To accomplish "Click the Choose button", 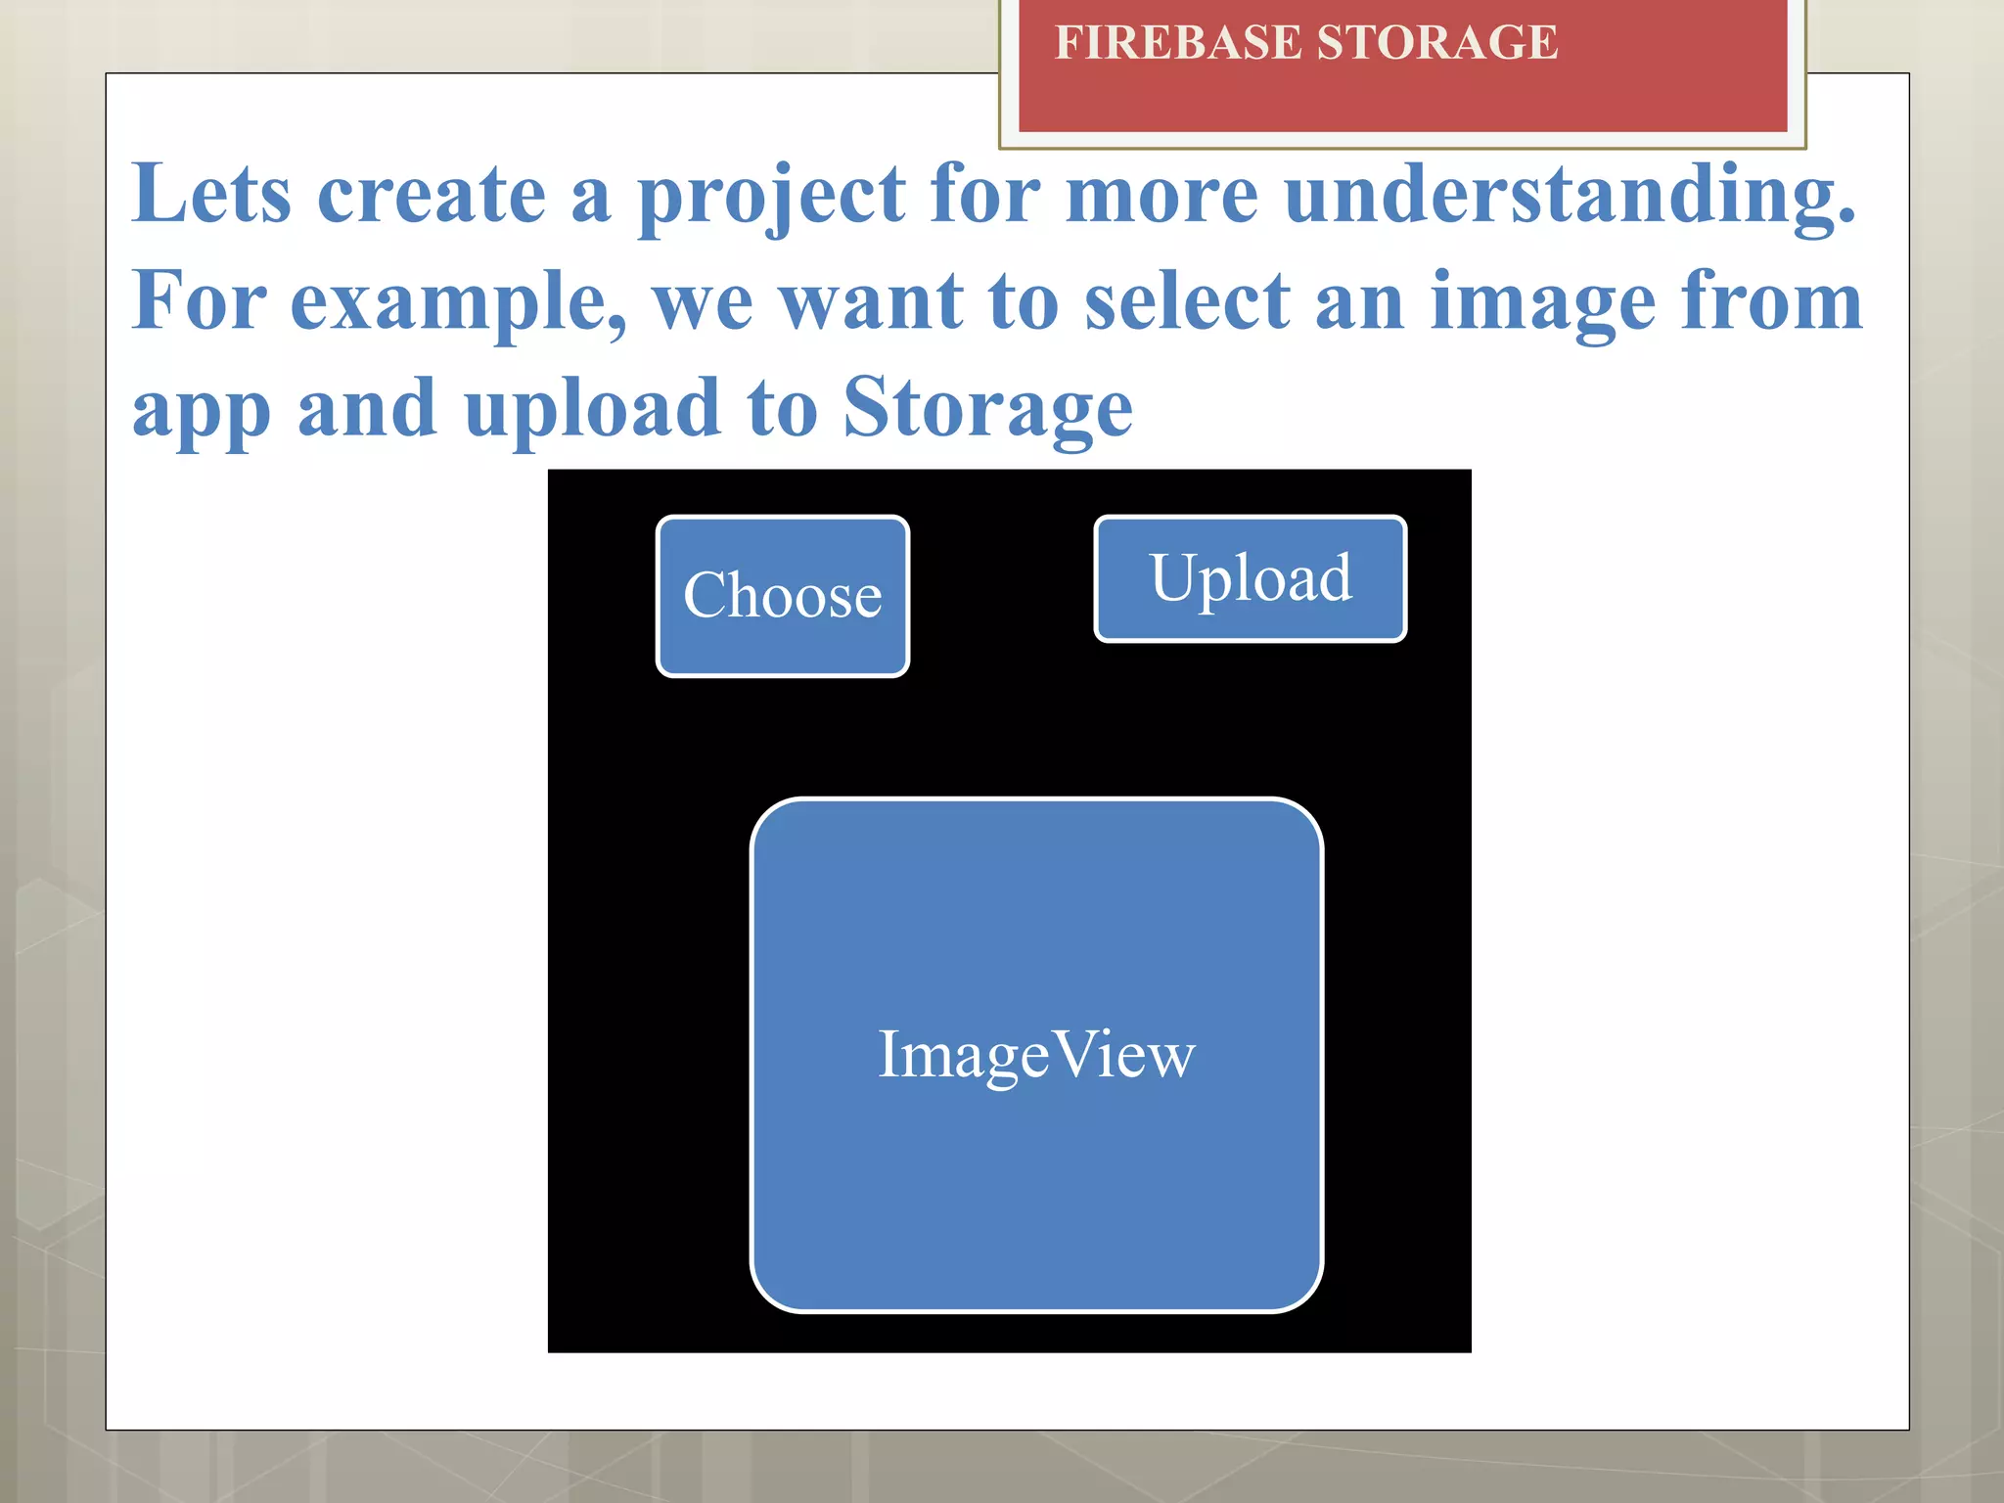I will [x=783, y=596].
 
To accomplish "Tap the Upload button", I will [x=1250, y=578].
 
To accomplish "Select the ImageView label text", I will [x=1036, y=1055].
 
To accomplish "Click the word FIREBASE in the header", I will [x=1178, y=43].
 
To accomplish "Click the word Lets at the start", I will [x=211, y=194].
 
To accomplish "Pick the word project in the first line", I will [x=772, y=196].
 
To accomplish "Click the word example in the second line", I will [x=458, y=303].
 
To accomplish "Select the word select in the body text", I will [x=1187, y=301].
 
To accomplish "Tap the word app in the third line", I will [x=202, y=411].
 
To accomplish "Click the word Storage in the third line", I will [x=987, y=409].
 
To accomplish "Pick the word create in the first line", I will [x=432, y=196].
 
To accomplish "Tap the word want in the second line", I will [x=872, y=301].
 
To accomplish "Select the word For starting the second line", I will [x=199, y=301].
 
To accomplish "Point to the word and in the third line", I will [x=367, y=409].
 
